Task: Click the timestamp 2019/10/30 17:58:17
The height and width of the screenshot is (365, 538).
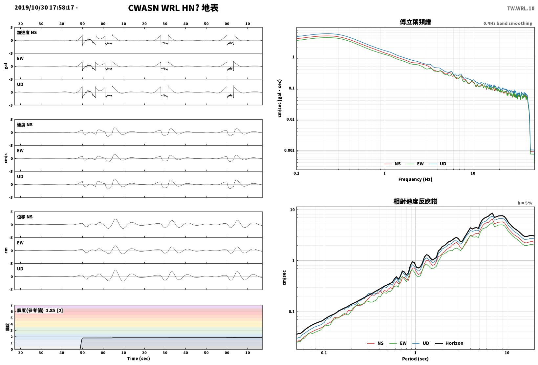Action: [x=44, y=8]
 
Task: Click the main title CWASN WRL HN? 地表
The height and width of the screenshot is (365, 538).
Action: [x=173, y=8]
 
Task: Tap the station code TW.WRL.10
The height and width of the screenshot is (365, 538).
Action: [x=521, y=9]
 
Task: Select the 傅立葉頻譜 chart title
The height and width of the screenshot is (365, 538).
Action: [x=415, y=22]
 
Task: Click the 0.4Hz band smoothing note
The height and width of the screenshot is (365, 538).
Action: [x=507, y=23]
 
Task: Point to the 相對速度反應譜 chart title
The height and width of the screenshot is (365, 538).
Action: [x=415, y=201]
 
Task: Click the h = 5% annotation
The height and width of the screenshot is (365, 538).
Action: [x=525, y=203]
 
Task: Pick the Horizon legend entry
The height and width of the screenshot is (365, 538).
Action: [x=449, y=343]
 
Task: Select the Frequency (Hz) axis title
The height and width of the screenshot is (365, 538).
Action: [x=415, y=179]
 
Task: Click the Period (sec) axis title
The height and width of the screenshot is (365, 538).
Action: [x=415, y=359]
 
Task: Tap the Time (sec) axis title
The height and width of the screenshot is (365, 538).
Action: [x=139, y=358]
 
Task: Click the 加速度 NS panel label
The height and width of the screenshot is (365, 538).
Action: [x=27, y=32]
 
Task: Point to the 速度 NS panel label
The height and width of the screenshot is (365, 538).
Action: [x=25, y=125]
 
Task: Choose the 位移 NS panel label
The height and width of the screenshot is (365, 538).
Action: [x=25, y=217]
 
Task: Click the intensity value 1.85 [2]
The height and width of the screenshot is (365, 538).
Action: [x=54, y=310]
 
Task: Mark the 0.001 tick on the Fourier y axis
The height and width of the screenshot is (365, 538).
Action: [x=289, y=151]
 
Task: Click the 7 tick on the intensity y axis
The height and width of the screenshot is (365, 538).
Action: [x=11, y=305]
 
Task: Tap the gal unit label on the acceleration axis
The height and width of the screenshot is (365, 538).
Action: [x=6, y=66]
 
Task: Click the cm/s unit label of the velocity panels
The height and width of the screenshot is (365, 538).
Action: [x=6, y=158]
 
